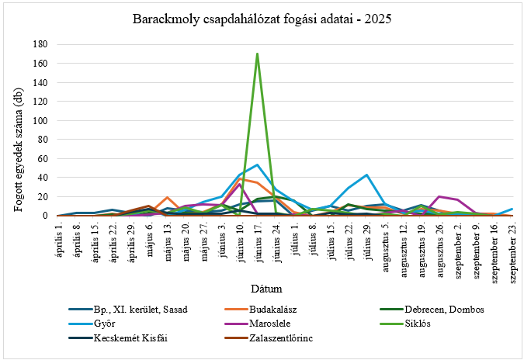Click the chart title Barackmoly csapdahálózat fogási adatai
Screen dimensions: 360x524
point(262,19)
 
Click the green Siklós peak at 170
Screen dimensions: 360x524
point(257,54)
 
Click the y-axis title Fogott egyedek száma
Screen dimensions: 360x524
point(17,129)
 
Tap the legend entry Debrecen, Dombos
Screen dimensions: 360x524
point(429,309)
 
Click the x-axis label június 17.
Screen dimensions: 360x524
point(257,245)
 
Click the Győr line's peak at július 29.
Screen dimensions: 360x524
point(366,175)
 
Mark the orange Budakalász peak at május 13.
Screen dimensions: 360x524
point(167,198)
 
